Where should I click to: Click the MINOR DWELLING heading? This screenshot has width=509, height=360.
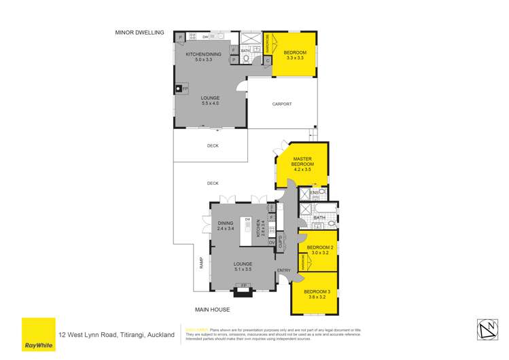pyautogui.click(x=139, y=31)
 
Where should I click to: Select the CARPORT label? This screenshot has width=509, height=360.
pyautogui.click(x=281, y=104)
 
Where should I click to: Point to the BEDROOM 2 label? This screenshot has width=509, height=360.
pyautogui.click(x=319, y=249)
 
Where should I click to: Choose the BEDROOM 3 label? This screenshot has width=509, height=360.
pyautogui.click(x=317, y=293)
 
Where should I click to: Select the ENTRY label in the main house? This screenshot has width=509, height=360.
pyautogui.click(x=284, y=271)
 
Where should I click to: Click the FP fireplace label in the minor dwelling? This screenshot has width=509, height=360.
pyautogui.click(x=185, y=88)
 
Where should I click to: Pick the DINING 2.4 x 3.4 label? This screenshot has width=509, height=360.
pyautogui.click(x=225, y=226)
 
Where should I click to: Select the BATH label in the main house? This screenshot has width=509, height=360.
pyautogui.click(x=329, y=218)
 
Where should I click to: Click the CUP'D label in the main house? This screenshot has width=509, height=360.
pyautogui.click(x=280, y=240)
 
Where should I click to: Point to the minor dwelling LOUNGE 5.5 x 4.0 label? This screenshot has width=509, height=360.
pyautogui.click(x=210, y=101)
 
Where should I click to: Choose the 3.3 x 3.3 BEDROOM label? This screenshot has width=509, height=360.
pyautogui.click(x=295, y=55)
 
